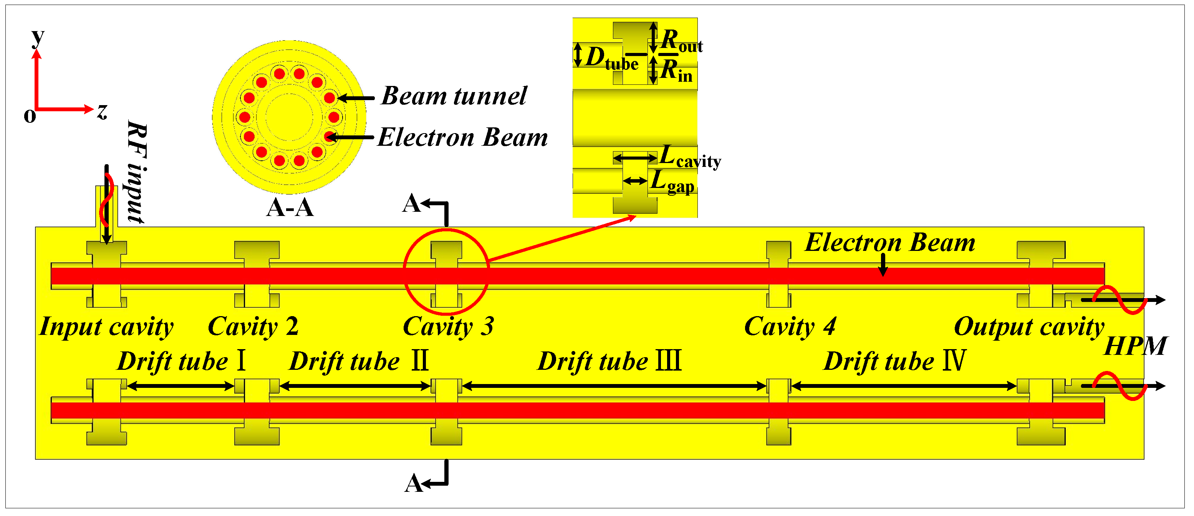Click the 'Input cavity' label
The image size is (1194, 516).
[x=106, y=327]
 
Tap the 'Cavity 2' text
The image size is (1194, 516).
[x=253, y=327]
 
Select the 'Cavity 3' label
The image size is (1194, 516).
[x=448, y=327]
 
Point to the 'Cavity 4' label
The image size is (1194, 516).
[x=790, y=327]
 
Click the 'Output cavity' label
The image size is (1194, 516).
[x=1029, y=327]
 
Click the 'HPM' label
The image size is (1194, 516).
[x=1136, y=346]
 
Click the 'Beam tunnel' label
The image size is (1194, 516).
[x=454, y=96]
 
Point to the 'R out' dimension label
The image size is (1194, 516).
[x=681, y=41]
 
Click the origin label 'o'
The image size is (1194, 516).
[x=30, y=116]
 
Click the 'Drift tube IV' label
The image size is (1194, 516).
[x=894, y=362]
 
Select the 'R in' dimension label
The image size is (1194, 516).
[x=676, y=71]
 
